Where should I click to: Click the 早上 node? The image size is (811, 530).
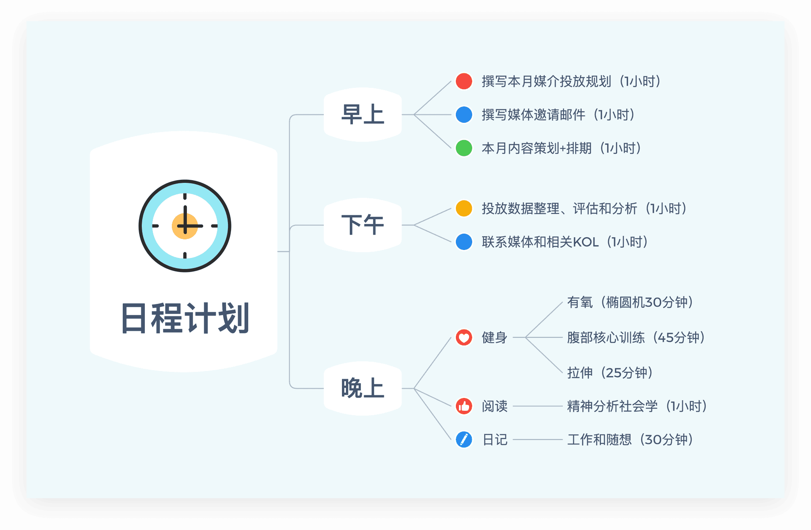pyautogui.click(x=362, y=115)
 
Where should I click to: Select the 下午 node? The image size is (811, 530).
pyautogui.click(x=362, y=225)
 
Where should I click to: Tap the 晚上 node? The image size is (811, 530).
pyautogui.click(x=362, y=389)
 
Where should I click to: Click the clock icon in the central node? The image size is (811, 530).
pyautogui.click(x=185, y=226)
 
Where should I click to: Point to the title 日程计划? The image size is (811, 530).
pyautogui.click(x=185, y=318)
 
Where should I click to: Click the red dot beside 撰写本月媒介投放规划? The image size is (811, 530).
pyautogui.click(x=464, y=81)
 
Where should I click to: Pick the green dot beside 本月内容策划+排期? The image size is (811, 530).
pyautogui.click(x=464, y=148)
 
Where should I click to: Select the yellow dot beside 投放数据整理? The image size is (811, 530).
pyautogui.click(x=464, y=208)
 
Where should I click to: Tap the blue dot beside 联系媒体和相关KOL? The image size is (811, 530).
pyautogui.click(x=464, y=242)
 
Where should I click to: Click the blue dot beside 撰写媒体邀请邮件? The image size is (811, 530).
pyautogui.click(x=464, y=115)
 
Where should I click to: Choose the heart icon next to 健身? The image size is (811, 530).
pyautogui.click(x=464, y=338)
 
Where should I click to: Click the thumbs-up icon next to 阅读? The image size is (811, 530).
pyautogui.click(x=464, y=406)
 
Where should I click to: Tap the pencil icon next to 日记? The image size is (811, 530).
pyautogui.click(x=464, y=440)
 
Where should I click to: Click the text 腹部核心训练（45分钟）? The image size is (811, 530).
pyautogui.click(x=636, y=338)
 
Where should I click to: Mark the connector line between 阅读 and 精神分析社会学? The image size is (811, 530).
pyautogui.click(x=537, y=406)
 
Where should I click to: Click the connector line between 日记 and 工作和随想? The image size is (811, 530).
pyautogui.click(x=537, y=440)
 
